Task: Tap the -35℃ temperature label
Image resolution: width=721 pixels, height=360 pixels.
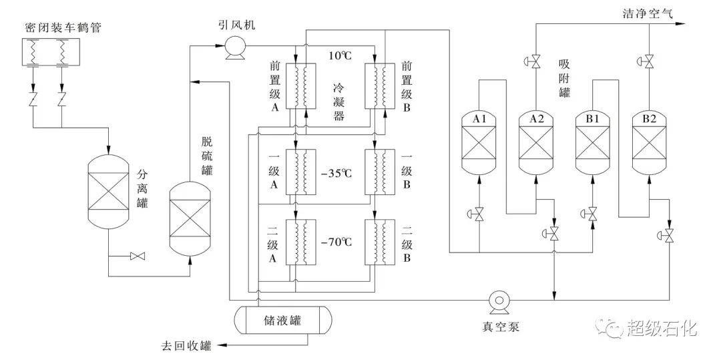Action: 335,174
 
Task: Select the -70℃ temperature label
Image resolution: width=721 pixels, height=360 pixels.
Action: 335,242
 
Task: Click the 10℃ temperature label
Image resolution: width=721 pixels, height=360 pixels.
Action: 340,55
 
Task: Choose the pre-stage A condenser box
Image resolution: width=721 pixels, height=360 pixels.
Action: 300,85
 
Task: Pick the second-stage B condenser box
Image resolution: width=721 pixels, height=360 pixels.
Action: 380,242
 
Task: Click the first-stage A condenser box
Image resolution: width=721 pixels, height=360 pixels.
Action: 300,172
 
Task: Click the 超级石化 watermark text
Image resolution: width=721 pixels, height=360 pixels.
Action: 661,329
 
